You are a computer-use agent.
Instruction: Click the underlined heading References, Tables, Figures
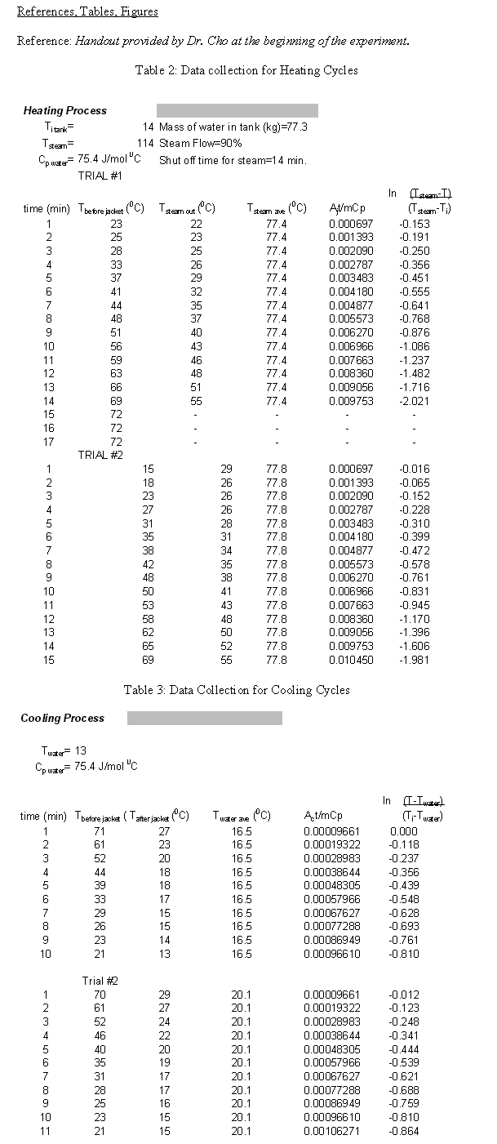(87, 11)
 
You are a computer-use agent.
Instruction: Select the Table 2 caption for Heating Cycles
(246, 70)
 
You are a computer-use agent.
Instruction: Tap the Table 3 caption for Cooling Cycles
(237, 690)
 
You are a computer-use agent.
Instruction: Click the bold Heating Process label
(64, 110)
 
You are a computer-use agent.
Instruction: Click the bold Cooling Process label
(63, 718)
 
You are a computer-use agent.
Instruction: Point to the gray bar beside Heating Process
(237, 110)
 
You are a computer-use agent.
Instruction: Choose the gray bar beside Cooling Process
(204, 718)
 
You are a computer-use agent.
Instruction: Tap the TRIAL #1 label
(100, 176)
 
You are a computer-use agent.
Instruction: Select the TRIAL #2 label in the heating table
(100, 455)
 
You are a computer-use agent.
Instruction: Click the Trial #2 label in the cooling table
(100, 980)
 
